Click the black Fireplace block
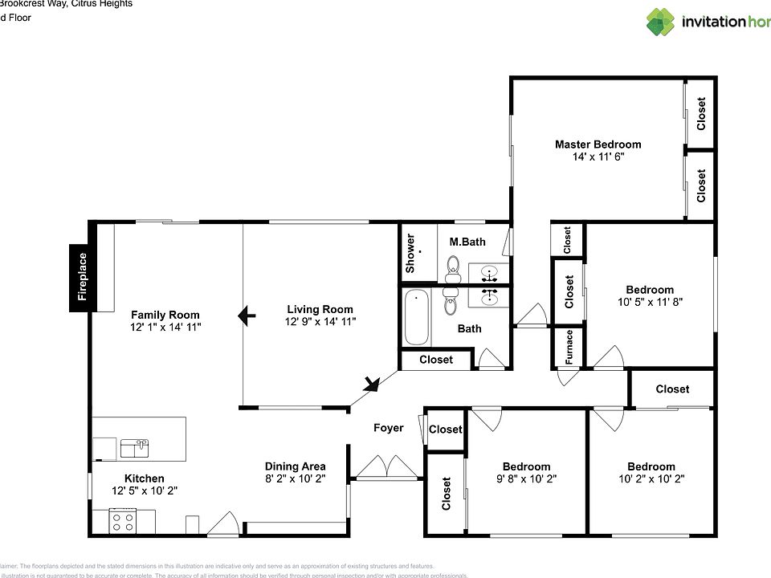82,277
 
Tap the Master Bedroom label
598,144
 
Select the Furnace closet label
569,347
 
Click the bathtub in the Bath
416,317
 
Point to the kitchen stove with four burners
122,522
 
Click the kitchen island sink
134,446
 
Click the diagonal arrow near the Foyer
371,385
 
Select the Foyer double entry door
387,468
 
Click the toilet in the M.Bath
454,266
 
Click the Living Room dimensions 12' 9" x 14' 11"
320,321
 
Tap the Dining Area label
295,466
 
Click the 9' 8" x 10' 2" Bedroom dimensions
526,478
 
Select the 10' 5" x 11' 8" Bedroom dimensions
650,302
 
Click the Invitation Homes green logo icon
660,22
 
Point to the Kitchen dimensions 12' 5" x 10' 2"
144,490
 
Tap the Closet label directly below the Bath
435,360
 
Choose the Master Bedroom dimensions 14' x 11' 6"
598,157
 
